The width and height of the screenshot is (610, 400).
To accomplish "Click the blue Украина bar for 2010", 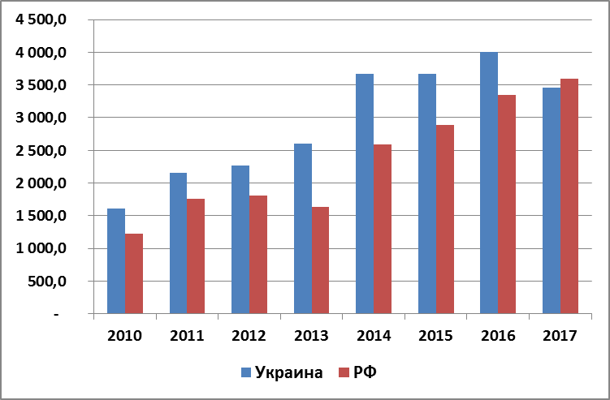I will [116, 260].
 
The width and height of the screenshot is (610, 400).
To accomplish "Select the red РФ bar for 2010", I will [134, 273].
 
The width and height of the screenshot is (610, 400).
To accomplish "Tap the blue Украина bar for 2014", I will [365, 193].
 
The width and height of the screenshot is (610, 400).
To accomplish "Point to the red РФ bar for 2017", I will [569, 196].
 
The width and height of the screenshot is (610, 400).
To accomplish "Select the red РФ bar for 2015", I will [444, 219].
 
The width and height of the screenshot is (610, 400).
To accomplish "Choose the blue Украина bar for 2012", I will [240, 239].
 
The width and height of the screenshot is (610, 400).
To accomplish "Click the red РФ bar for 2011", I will [196, 256].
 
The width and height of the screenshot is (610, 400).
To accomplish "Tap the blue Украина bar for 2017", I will [551, 200].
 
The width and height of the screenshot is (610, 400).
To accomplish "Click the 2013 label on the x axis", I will [311, 334].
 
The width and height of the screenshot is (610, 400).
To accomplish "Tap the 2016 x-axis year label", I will [498, 334].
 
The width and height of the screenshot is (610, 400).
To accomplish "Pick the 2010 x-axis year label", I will [125, 334].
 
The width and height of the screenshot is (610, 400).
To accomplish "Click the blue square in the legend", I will [245, 373].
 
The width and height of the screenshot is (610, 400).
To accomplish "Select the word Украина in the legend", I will [288, 373].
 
